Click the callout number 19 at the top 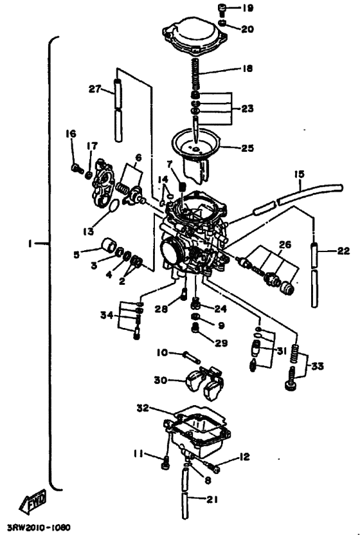[248, 8]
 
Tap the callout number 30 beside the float [161, 381]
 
